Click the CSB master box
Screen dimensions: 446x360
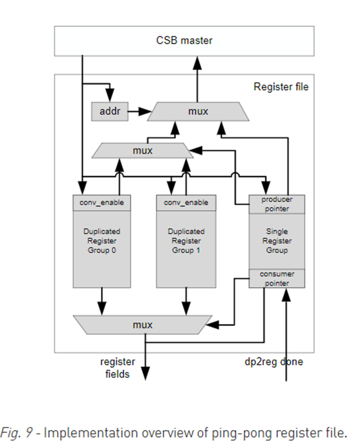(x=184, y=40)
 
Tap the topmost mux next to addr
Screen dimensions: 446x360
(x=198, y=111)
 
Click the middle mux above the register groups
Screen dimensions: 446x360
(x=142, y=150)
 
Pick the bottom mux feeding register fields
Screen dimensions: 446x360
(x=142, y=325)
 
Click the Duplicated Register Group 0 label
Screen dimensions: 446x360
(x=102, y=241)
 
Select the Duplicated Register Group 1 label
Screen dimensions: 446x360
(x=186, y=241)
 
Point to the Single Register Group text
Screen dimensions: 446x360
(x=276, y=241)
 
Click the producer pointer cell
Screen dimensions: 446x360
(x=276, y=204)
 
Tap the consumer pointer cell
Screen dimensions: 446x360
(x=276, y=278)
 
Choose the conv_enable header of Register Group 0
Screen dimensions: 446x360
(x=102, y=203)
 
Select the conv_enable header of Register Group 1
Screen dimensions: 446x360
(x=186, y=203)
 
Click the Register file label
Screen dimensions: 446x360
(x=280, y=87)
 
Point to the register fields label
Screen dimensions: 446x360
(x=118, y=367)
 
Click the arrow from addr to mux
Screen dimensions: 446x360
(x=139, y=110)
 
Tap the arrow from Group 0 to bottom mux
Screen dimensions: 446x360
(x=102, y=301)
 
